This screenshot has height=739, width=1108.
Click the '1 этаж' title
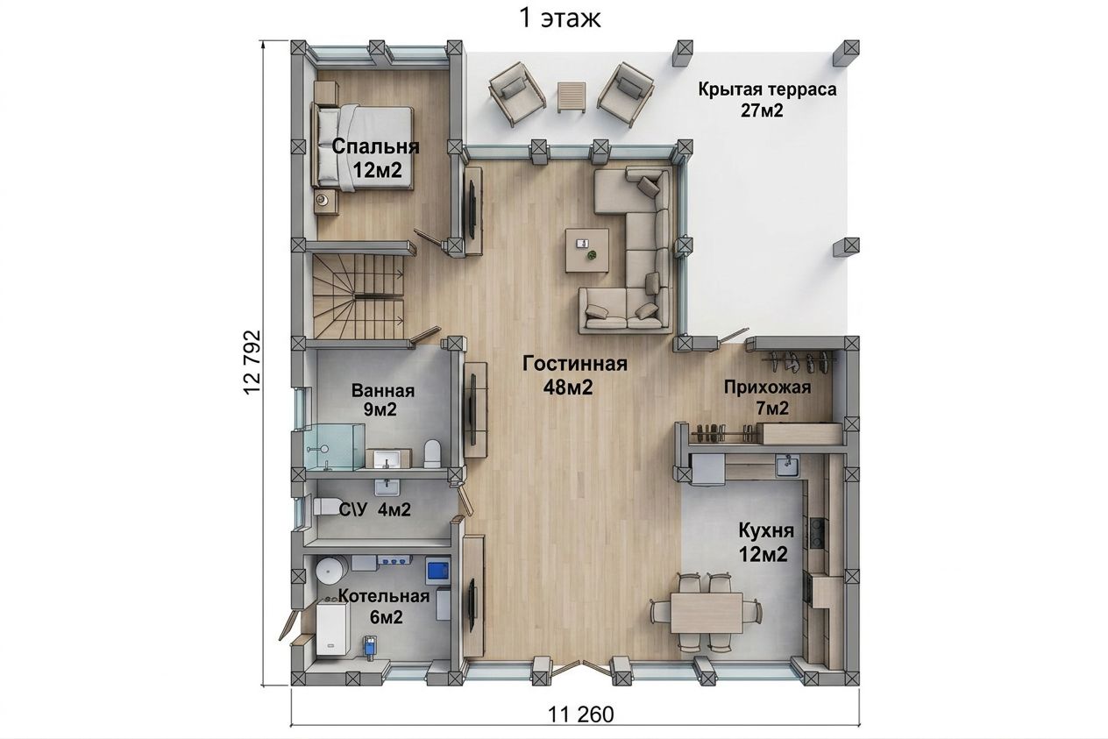coord(559,18)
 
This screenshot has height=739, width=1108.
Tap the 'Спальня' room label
coord(375,146)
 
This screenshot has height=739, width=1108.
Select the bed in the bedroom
coord(362,147)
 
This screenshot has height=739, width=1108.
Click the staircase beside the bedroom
coord(359,296)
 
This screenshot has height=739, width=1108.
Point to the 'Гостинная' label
coord(575,364)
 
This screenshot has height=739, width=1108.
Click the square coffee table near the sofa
coord(587,250)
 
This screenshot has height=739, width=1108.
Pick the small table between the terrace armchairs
coord(572,97)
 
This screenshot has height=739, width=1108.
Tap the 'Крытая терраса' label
coord(767,89)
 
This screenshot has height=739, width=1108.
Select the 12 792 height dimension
coord(252,361)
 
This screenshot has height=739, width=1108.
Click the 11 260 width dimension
coord(580,714)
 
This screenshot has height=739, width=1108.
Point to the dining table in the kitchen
coord(707,614)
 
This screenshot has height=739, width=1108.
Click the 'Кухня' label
coord(766,530)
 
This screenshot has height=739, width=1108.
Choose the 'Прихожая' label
coord(767,387)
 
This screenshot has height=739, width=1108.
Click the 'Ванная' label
coord(383,391)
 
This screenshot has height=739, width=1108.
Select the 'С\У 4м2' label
coord(375,509)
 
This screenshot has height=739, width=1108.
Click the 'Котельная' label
coord(383,596)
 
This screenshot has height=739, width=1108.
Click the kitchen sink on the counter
coord(787,465)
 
